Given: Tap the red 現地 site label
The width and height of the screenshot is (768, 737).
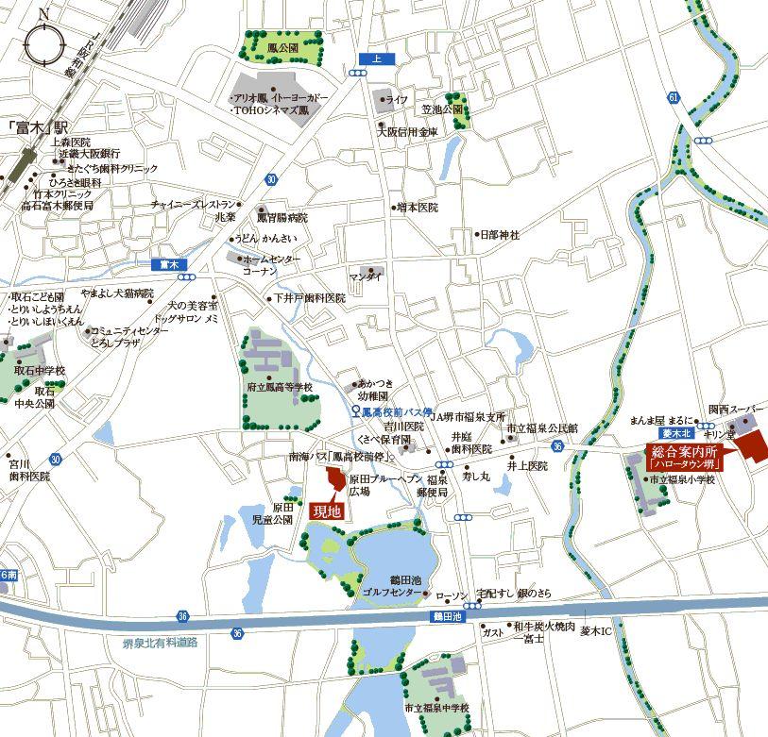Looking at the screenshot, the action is (x=325, y=510).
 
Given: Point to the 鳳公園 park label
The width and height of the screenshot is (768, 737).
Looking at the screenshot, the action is (x=283, y=46).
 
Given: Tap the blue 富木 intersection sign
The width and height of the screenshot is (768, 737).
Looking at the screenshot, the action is (x=170, y=264).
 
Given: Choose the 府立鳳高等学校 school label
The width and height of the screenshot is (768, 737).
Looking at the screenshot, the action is (x=280, y=388).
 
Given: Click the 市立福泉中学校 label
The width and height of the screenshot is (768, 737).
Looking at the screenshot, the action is (x=436, y=708).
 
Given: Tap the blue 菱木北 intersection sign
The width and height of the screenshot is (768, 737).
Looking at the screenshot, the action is (x=677, y=432).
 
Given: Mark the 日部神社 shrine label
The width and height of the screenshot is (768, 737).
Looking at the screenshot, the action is (x=500, y=234).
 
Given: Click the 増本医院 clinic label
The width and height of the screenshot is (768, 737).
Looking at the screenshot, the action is (x=418, y=207).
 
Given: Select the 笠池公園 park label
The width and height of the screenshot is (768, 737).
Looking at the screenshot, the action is (x=442, y=109).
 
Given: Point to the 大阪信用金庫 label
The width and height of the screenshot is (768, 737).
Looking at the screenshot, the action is (x=408, y=133).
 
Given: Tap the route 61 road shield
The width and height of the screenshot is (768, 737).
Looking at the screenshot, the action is (x=673, y=97).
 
